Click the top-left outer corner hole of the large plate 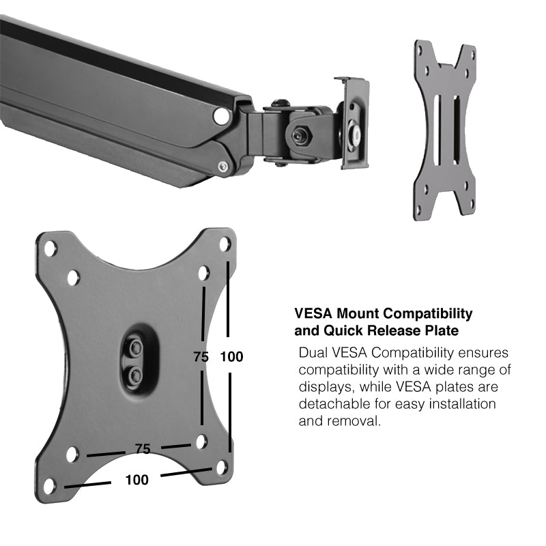[51, 248]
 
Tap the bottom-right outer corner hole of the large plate [222, 468]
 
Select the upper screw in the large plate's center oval [136, 347]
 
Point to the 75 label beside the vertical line [200, 357]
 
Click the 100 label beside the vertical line [231, 357]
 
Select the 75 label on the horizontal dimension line [142, 448]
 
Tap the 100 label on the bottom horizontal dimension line [136, 480]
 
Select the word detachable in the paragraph [332, 404]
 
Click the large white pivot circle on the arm [220, 116]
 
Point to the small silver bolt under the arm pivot [223, 166]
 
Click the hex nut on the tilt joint [298, 134]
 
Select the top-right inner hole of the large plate [203, 273]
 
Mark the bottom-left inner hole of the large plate [72, 454]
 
